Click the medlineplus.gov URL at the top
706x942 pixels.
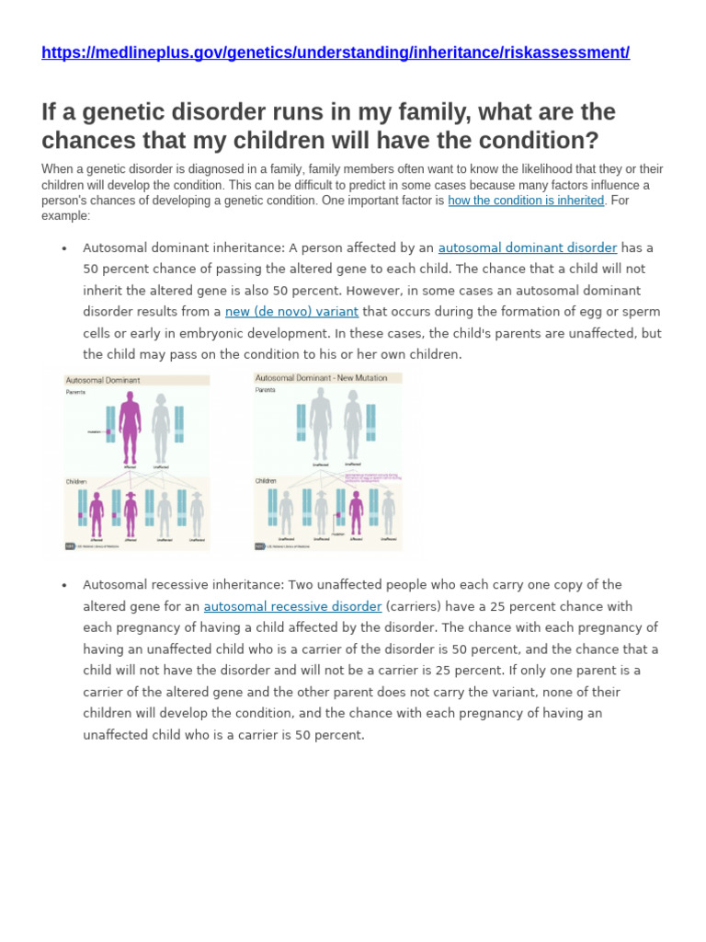336,52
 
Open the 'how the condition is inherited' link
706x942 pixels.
526,201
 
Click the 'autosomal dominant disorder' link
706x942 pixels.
527,247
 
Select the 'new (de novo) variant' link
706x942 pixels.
291,312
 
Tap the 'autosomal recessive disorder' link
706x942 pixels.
292,606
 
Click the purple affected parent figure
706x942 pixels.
130,428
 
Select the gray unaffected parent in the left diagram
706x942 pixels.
161,429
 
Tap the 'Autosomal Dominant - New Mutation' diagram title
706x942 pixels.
315,378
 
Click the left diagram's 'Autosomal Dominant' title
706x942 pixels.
103,380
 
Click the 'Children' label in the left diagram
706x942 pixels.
77,481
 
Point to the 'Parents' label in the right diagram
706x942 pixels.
266,390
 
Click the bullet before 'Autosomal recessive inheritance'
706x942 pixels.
64,586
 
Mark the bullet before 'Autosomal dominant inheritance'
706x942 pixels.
64,248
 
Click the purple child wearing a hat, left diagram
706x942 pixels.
131,514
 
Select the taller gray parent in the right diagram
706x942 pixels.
320,423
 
